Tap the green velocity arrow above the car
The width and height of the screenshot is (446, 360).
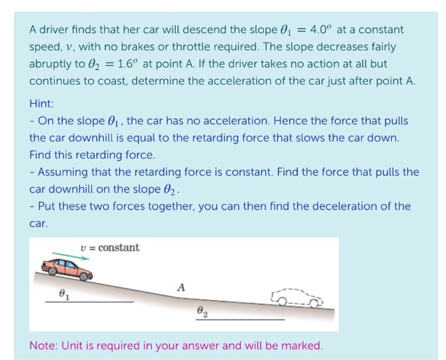tap(71, 257)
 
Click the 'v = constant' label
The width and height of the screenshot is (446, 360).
tap(110, 247)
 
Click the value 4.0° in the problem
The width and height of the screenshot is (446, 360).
tap(319, 30)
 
